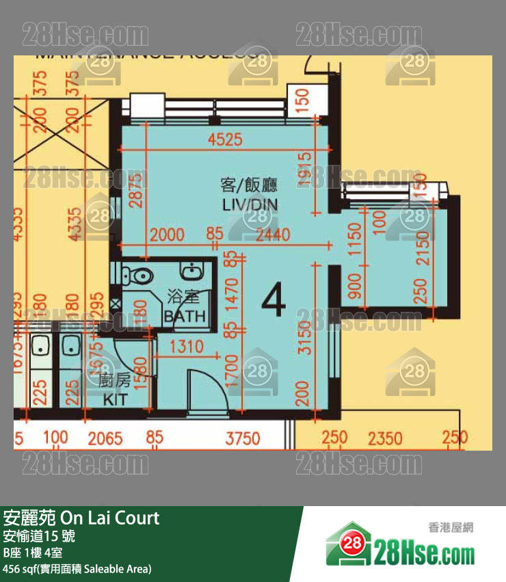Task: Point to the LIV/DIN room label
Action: coord(250,204)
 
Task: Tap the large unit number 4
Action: coord(274,301)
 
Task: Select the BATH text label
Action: coord(185,316)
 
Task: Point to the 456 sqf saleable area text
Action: coord(77,569)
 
